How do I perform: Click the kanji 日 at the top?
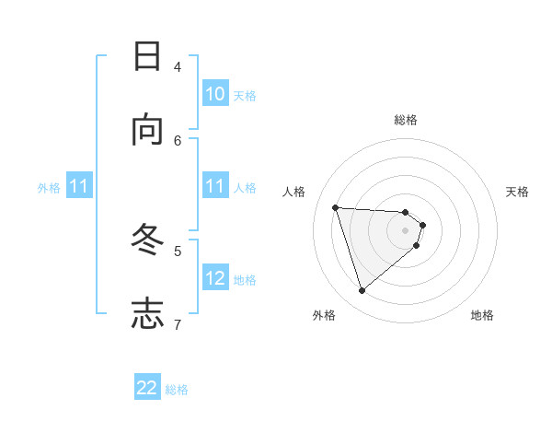(x=147, y=56)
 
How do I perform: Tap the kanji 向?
(x=147, y=130)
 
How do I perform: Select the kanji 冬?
(x=147, y=239)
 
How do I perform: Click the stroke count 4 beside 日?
(x=178, y=66)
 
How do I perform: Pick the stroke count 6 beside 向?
(x=178, y=140)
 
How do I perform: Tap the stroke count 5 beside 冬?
(x=178, y=250)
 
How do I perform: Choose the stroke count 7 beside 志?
(x=178, y=323)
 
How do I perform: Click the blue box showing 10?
(x=215, y=94)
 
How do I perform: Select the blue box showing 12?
(x=215, y=278)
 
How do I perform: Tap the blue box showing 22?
(x=147, y=388)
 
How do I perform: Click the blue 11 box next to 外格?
(x=79, y=186)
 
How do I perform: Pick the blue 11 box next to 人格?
(x=215, y=186)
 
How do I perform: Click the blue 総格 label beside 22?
(x=177, y=390)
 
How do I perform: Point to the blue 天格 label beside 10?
(x=245, y=96)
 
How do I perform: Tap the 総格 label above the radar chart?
(x=406, y=120)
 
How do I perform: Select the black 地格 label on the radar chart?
(x=482, y=315)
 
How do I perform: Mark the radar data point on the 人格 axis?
(x=336, y=207)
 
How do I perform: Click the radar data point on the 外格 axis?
(x=362, y=290)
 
